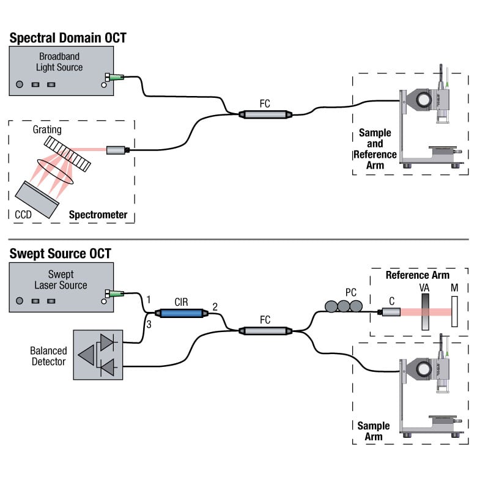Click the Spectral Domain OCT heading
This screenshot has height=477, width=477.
point(68,38)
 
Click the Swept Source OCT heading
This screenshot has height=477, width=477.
point(60,253)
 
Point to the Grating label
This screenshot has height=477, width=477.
point(48,130)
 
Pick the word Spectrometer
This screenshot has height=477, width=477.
point(98,215)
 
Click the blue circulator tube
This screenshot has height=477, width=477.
point(182,312)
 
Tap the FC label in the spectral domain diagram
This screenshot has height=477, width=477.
point(264,103)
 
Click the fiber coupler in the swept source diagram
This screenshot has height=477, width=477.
point(264,331)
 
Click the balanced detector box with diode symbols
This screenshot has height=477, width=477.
point(98,355)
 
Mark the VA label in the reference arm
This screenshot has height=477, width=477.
point(425,287)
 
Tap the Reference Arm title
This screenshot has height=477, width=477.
point(417,275)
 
